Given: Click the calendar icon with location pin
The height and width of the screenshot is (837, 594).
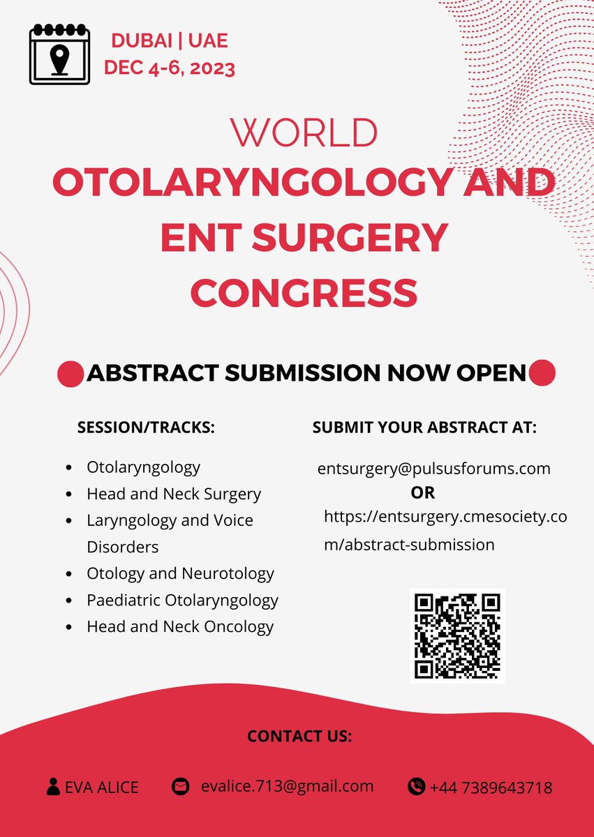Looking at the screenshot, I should coord(60,54).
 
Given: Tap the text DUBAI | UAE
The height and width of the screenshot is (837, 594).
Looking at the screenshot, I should coord(170,41).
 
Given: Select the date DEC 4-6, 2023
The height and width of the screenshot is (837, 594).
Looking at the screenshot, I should coord(170,68).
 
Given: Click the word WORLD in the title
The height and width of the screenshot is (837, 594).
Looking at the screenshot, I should coord(304,133).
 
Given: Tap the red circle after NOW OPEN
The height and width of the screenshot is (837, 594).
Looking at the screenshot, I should coord(542,373).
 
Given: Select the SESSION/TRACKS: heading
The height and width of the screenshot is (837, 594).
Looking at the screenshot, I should coord(146,428).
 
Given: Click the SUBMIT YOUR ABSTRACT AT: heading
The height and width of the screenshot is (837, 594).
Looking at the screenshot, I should coord(424,428).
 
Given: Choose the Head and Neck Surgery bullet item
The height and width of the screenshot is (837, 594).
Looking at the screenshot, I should coord(174,495).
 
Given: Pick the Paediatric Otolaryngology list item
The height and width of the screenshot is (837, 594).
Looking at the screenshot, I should coord(182,600).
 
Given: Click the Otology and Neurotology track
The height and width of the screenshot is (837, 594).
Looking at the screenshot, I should coord(180,573).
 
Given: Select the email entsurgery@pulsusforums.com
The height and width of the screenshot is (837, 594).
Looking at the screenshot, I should coord(433,468).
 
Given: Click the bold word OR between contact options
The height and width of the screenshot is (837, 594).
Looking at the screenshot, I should coord(423,492).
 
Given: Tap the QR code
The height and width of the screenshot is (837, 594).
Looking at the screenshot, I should coord(457,635).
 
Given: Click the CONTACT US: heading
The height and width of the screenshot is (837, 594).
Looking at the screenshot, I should coord(299,736).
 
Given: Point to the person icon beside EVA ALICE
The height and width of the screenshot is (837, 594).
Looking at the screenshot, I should coord(53,787).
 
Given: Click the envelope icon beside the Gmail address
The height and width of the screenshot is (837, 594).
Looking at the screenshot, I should coord(181,786).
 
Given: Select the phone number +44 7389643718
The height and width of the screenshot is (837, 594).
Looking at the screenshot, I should coord(491,787).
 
